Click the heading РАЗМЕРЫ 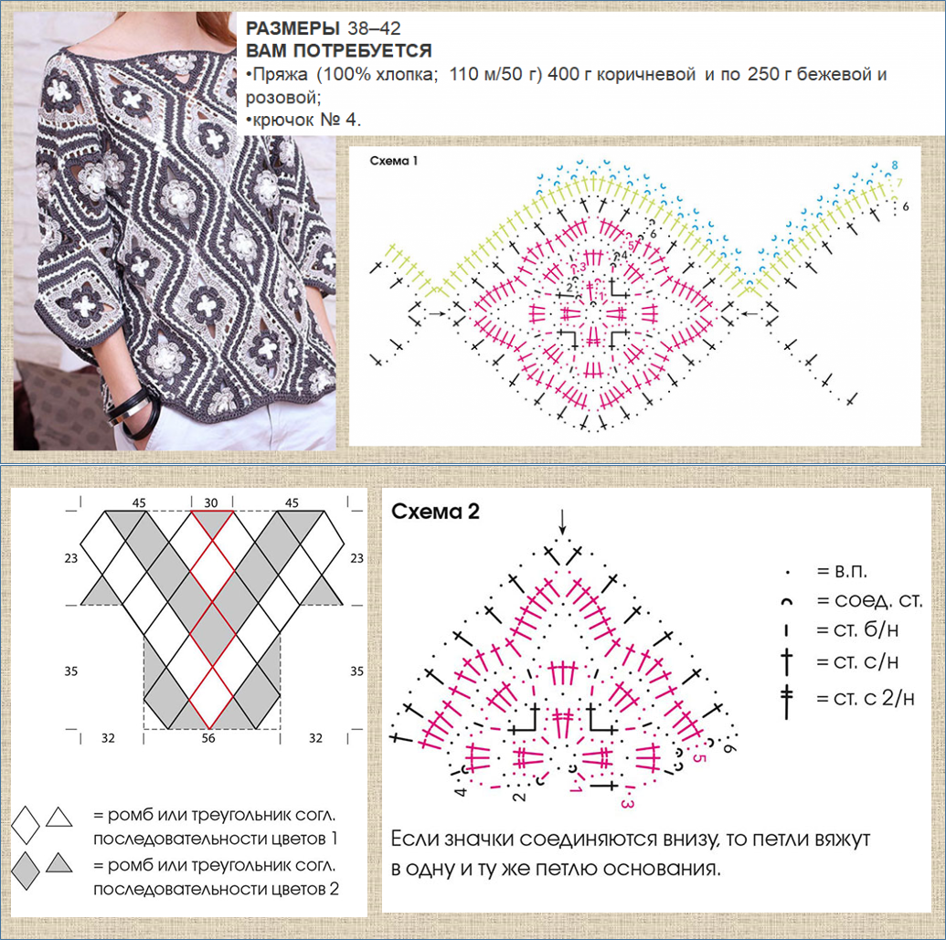293,28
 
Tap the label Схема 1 393,161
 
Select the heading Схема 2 435,512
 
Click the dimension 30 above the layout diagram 210,502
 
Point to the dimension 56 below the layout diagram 208,738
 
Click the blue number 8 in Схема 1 895,164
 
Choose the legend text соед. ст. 878,600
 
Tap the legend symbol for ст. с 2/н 787,701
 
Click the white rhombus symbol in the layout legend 26,824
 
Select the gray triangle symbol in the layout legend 59,863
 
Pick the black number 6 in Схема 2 728,747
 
